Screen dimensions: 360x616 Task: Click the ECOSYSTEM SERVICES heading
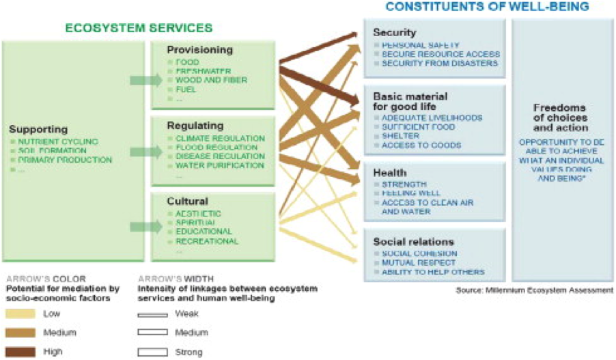139,28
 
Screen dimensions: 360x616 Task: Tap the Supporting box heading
38,129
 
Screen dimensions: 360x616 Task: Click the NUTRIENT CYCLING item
58,141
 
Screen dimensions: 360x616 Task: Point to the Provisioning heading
200,50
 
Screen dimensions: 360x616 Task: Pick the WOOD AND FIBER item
211,80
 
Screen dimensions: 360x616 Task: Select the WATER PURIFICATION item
210,165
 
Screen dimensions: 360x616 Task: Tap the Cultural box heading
188,202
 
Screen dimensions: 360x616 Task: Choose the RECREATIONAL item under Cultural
206,241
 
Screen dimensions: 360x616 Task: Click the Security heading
395,32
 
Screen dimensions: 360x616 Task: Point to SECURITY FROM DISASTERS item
440,63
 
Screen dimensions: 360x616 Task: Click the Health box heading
390,173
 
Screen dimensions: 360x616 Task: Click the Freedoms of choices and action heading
560,117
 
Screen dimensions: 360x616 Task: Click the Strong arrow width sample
152,352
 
